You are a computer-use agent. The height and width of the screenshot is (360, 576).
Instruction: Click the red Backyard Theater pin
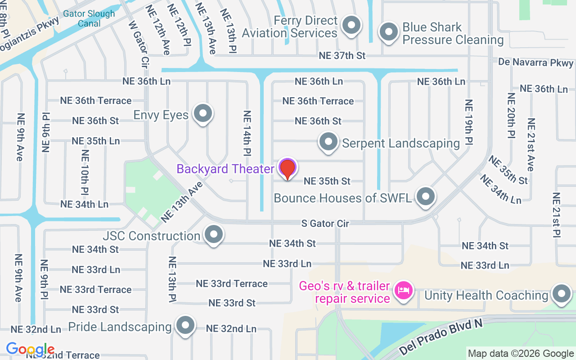pos(288,168)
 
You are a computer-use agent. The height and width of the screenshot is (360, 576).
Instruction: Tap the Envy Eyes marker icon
pos(203,113)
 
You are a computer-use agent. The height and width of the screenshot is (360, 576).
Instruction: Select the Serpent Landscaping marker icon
pos(328,142)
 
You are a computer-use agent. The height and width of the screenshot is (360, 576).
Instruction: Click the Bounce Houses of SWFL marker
pos(425,197)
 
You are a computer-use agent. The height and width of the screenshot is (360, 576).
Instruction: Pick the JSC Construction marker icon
pos(214,234)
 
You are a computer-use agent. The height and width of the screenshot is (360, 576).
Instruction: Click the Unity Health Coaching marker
pos(561,294)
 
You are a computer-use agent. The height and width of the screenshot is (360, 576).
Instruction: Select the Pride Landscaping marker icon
pos(184,325)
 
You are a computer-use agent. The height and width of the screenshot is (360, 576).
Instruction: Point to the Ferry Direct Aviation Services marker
pos(351,26)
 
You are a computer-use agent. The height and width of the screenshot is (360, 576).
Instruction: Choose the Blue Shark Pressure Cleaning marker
pos(388,32)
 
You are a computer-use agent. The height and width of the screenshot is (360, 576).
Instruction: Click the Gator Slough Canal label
pos(89,18)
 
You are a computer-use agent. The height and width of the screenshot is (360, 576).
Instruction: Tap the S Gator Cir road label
pos(325,223)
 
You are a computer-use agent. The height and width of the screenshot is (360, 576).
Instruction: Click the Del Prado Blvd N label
pos(440,336)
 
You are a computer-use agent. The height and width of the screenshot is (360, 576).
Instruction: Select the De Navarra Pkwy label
pos(535,62)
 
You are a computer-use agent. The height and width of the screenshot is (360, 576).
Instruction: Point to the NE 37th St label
pos(342,56)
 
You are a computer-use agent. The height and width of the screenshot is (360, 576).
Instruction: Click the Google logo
pos(30,349)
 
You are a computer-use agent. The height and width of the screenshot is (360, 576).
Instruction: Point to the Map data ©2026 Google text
pos(520,354)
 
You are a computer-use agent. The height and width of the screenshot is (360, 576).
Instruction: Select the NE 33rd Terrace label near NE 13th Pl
pos(232,283)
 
